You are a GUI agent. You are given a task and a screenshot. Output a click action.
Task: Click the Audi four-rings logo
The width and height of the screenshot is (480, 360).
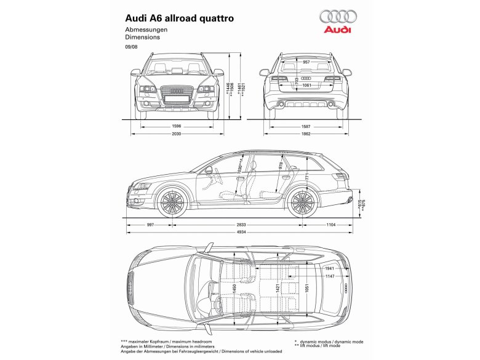(x=335, y=17)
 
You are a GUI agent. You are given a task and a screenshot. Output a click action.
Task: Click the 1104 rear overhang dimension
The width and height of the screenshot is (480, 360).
(x=331, y=225)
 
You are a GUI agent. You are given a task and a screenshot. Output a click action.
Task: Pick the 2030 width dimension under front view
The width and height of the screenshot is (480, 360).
(x=177, y=134)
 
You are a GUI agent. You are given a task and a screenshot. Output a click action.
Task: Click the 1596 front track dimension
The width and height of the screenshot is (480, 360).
(x=177, y=126)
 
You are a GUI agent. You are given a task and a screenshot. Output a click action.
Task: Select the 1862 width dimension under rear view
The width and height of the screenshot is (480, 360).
(x=306, y=134)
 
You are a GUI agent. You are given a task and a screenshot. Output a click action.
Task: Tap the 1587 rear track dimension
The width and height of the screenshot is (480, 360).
(x=306, y=126)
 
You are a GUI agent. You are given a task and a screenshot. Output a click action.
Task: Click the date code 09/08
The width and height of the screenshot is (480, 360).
(x=131, y=47)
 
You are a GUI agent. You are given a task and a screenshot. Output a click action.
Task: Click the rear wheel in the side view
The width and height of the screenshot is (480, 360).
(x=302, y=202)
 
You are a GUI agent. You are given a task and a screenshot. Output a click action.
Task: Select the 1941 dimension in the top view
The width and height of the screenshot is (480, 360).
(x=329, y=268)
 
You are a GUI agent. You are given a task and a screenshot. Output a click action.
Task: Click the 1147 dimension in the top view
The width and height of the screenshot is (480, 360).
(x=330, y=276)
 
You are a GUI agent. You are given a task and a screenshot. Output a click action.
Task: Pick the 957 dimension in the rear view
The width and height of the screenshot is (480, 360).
(x=306, y=63)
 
